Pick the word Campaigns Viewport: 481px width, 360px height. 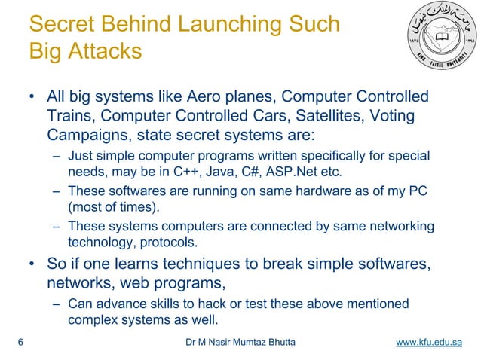tap(81, 135)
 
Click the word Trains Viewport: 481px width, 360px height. tap(69, 116)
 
